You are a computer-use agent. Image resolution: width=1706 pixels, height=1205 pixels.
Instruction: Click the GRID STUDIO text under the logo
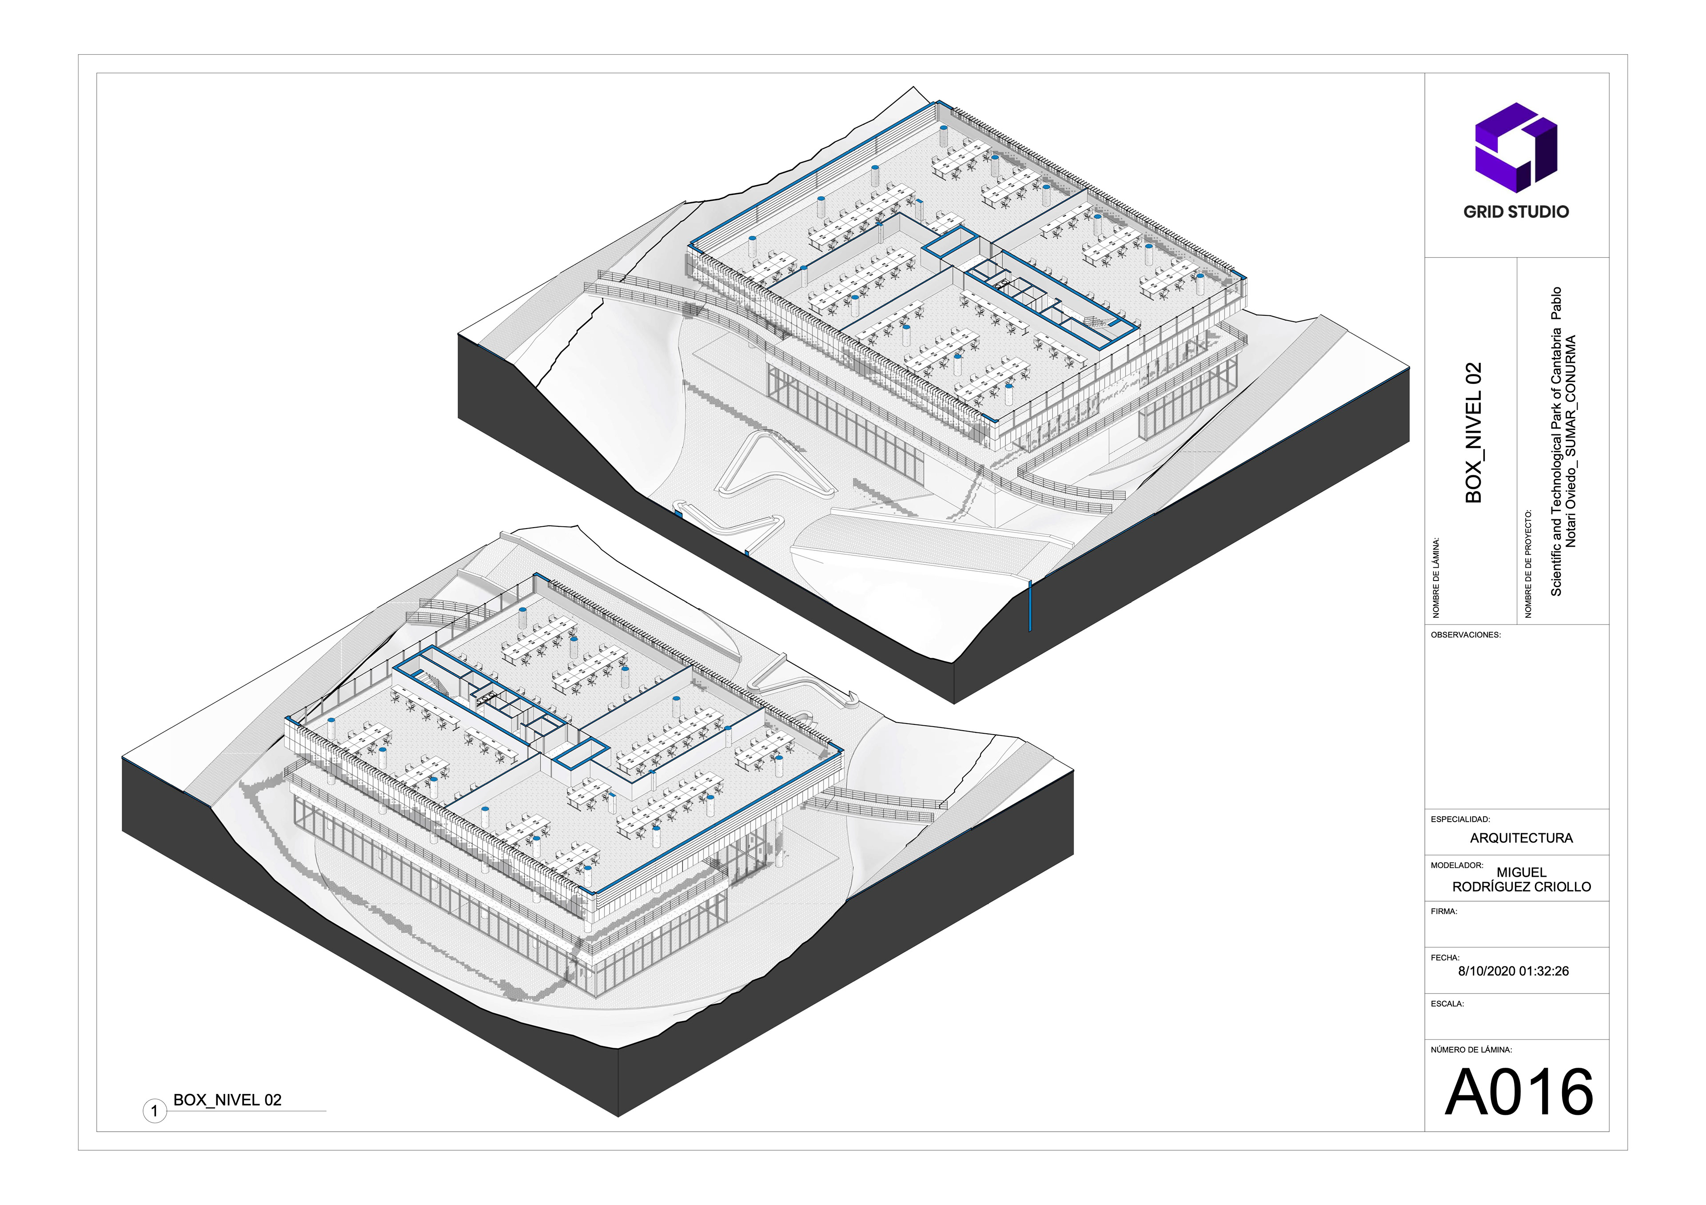click(x=1516, y=212)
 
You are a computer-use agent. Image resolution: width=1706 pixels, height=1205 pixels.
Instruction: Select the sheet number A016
click(x=1519, y=1092)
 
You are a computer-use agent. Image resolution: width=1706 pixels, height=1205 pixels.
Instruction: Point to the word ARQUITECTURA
click(x=1521, y=838)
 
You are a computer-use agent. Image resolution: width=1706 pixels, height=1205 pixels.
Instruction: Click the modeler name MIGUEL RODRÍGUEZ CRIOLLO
click(x=1521, y=879)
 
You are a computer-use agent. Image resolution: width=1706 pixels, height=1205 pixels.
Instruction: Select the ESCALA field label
click(x=1447, y=1004)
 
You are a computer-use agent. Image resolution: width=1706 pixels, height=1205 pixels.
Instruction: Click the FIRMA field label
click(x=1444, y=911)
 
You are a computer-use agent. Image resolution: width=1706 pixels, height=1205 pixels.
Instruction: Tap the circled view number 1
click(x=155, y=1111)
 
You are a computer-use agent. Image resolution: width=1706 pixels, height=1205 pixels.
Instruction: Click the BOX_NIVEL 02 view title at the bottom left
click(x=227, y=1100)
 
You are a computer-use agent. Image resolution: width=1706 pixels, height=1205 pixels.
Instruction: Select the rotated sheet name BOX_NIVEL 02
click(x=1474, y=432)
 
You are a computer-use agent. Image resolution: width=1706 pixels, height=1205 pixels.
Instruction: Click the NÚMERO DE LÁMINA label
click(x=1471, y=1050)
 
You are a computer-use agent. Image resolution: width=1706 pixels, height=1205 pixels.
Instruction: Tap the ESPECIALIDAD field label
click(x=1460, y=819)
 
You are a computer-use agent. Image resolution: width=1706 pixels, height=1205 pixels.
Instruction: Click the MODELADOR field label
click(x=1456, y=866)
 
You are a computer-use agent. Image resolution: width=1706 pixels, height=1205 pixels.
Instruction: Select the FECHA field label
click(x=1445, y=958)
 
